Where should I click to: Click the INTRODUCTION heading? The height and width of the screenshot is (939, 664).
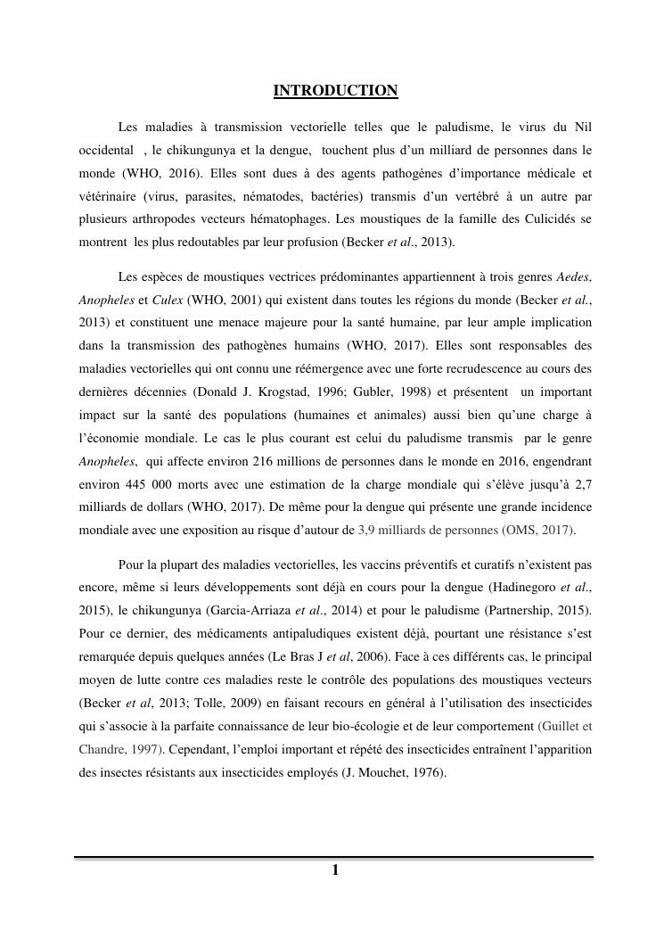point(335,91)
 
